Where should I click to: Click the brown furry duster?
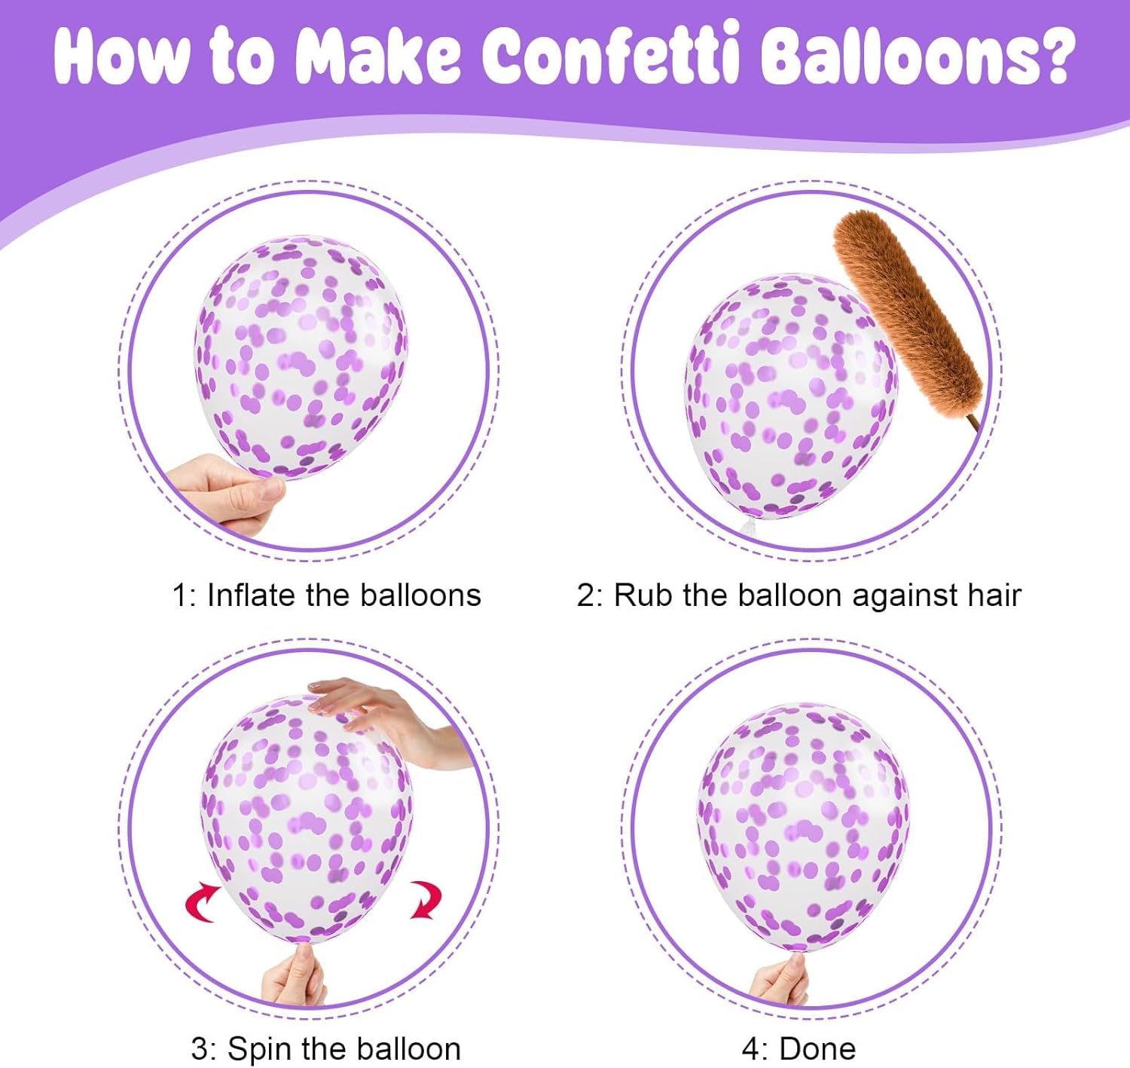pyautogui.click(x=907, y=312)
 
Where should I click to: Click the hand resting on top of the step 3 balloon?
pyautogui.click(x=387, y=720)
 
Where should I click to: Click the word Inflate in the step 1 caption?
pyautogui.click(x=252, y=595)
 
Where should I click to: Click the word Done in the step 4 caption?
pyautogui.click(x=817, y=1048)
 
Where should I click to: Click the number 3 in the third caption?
pyautogui.click(x=200, y=1048)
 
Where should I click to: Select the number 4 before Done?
pyautogui.click(x=751, y=1048)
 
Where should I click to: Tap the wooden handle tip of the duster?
pyautogui.click(x=978, y=430)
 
